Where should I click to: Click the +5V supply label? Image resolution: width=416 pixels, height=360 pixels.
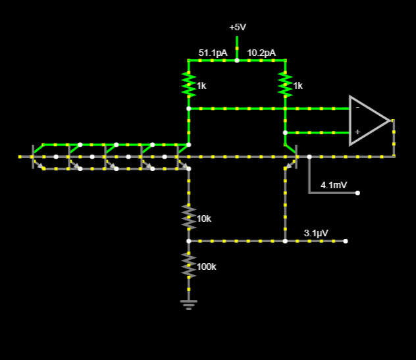pos(237,28)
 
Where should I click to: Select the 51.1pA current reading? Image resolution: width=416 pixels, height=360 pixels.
pos(213,53)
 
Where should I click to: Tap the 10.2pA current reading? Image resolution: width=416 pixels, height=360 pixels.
pos(261,53)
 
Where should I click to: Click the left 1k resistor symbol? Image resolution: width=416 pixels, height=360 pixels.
pos(189,84)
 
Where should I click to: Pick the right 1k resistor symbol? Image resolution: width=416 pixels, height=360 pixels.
pos(285,84)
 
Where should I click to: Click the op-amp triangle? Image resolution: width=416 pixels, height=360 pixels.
pos(369,120)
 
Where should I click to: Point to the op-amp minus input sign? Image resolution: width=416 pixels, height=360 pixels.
pos(357,107)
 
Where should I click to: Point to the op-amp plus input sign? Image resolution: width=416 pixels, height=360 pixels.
pos(357,132)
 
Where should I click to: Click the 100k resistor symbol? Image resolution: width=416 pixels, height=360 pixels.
pos(189,265)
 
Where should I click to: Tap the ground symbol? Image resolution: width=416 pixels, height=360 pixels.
pos(189,303)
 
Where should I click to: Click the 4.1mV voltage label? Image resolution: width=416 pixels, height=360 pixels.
pos(334,185)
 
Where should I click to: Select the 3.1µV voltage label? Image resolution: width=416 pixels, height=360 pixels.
pos(316,233)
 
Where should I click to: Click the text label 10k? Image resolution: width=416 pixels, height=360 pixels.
pos(204,219)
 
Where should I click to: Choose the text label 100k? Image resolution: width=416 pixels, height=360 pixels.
pos(207,267)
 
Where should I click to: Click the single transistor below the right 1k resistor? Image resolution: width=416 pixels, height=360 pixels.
pos(290,155)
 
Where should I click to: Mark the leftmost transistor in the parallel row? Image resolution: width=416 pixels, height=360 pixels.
pos(37,156)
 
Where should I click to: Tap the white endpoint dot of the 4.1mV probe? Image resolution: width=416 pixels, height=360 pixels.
pos(357,193)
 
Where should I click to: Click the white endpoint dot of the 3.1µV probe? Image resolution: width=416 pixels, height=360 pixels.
pos(346,241)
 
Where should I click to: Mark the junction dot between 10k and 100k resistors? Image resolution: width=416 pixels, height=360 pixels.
pos(189,241)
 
